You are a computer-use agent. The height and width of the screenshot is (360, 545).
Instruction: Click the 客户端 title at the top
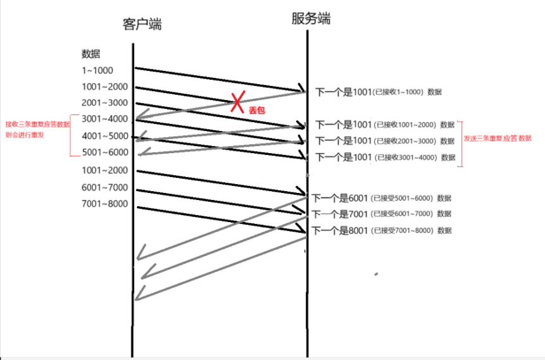(x=142, y=25)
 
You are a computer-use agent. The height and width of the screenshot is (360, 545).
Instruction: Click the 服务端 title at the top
(x=311, y=19)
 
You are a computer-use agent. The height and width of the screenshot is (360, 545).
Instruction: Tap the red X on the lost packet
(x=237, y=101)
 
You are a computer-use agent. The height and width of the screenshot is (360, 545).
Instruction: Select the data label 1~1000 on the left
(x=97, y=70)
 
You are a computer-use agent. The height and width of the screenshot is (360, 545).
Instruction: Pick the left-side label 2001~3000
(x=104, y=103)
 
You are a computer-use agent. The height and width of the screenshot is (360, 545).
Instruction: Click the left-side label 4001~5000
(x=104, y=136)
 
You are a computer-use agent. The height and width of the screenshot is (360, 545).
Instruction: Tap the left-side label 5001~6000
(x=104, y=152)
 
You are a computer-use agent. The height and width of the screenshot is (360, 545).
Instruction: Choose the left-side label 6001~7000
(x=104, y=187)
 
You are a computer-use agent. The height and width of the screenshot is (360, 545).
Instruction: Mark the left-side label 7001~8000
(x=104, y=204)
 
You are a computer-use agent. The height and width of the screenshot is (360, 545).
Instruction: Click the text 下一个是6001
(x=341, y=198)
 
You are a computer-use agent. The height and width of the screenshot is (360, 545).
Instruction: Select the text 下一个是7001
(x=341, y=214)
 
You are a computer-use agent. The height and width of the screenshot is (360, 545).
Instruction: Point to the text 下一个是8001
(x=341, y=230)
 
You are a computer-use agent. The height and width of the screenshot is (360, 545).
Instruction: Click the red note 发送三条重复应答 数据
(x=498, y=138)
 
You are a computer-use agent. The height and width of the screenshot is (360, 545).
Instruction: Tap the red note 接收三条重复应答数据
(x=37, y=124)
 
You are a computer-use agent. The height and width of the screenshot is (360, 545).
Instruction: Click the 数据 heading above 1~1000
(x=91, y=53)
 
